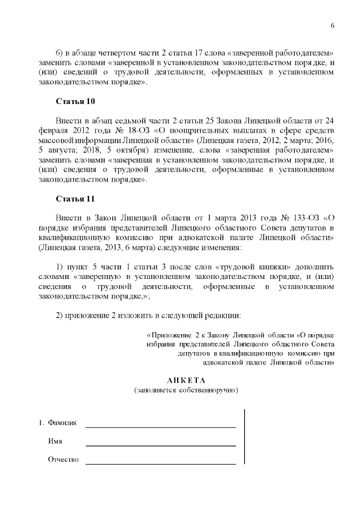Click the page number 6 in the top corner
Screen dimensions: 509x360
point(332,26)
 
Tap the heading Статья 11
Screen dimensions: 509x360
point(75,199)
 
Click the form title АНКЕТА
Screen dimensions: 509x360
point(186,380)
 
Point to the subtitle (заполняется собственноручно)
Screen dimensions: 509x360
point(186,390)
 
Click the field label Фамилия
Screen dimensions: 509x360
point(62,422)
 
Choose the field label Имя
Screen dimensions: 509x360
point(55,442)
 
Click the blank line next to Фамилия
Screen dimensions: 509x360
point(160,426)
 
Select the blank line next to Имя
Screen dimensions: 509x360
point(160,445)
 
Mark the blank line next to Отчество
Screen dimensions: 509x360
point(160,463)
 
